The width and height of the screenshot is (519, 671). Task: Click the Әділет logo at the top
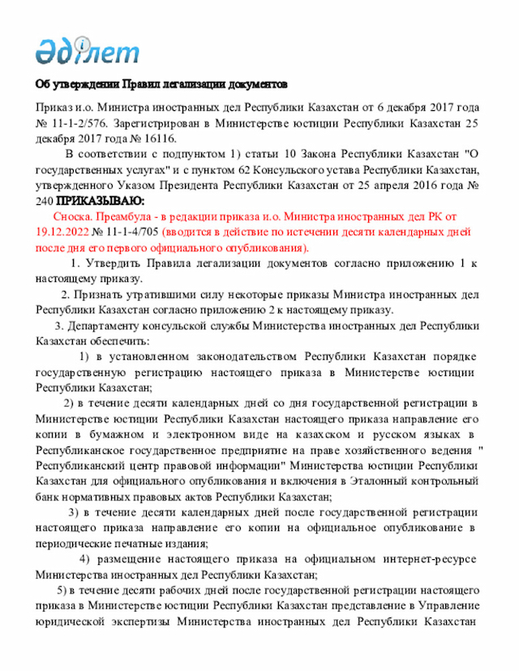[x=87, y=50]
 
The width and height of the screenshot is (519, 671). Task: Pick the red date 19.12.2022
[x=64, y=232]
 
